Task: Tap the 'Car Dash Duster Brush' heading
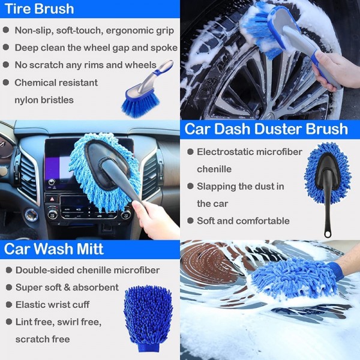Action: coord(266,129)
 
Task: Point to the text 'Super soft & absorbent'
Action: coord(67,287)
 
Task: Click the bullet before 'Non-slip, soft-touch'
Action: coord(7,30)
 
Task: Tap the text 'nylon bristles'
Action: coord(44,100)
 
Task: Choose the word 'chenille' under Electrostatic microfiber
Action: coord(214,169)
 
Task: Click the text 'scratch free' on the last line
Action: coord(43,339)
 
